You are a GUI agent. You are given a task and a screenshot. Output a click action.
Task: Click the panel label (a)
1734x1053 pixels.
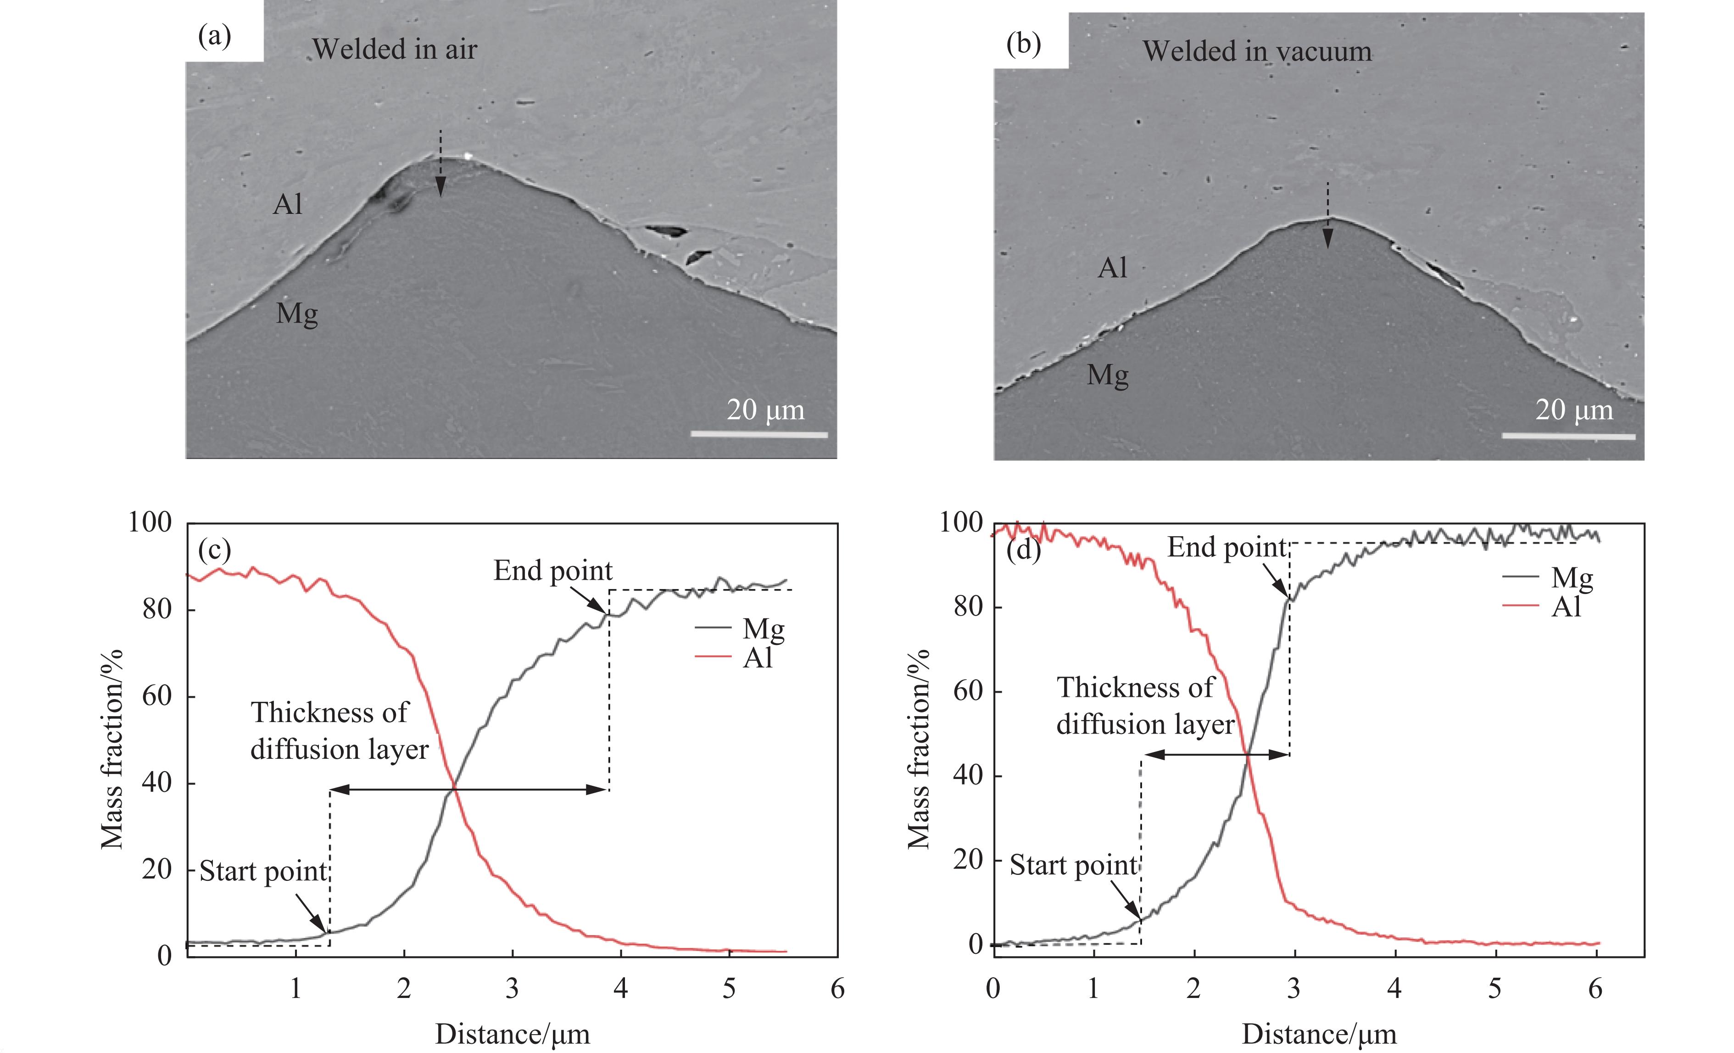pos(215,35)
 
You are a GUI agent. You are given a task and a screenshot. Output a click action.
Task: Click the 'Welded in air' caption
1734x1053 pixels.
pos(395,49)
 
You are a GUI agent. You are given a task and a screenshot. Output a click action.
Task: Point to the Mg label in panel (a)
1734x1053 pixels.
pos(296,313)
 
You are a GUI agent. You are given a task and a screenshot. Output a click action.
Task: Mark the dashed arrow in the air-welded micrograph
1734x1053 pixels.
pos(440,163)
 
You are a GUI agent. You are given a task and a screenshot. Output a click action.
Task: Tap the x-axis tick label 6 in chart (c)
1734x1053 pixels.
pos(837,989)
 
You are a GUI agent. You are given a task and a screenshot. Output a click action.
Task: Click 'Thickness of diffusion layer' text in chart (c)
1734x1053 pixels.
pos(339,731)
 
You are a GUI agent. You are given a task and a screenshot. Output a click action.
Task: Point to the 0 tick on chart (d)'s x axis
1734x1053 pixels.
pos(993,989)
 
